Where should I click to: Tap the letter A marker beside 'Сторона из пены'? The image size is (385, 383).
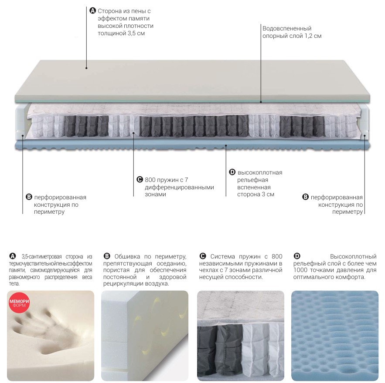tap(92, 11)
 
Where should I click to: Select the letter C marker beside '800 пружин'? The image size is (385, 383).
tap(140, 180)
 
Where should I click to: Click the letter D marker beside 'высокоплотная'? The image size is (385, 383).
tap(232, 172)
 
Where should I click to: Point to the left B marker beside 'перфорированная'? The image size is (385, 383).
tap(29, 197)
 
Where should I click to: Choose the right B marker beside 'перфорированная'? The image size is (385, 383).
tap(306, 197)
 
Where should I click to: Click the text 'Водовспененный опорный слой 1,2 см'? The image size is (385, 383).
tap(292, 32)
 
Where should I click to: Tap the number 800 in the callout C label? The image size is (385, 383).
tap(150, 180)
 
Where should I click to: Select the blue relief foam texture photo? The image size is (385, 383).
tap(335, 336)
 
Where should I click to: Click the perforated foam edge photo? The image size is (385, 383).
tap(145, 336)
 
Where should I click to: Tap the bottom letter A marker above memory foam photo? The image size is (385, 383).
tap(12, 256)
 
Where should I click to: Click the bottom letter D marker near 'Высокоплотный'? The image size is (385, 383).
tap(297, 256)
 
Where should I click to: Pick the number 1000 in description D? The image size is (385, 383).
tap(300, 270)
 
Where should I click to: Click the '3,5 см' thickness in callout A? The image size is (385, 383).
tap(136, 33)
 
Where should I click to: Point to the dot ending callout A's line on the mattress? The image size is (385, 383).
tap(86, 68)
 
